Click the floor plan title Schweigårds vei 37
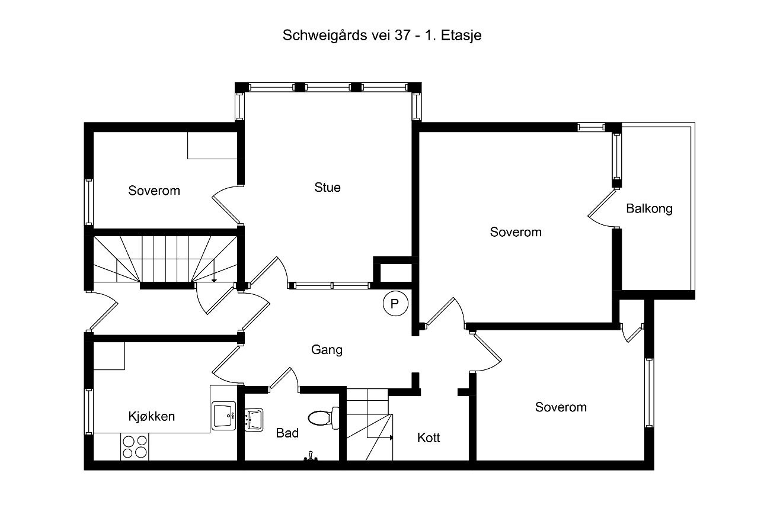[x=382, y=36]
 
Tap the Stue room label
[x=327, y=188]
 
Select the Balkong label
[x=649, y=208]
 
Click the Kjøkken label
[x=152, y=416]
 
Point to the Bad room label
[x=287, y=433]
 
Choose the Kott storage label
[x=429, y=438]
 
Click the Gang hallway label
[x=327, y=350]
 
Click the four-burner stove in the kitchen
[x=134, y=446]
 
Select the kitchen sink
[x=224, y=416]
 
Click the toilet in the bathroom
[x=324, y=417]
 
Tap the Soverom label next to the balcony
[x=516, y=232]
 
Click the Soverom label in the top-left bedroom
[x=154, y=191]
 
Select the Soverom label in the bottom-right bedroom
[x=561, y=407]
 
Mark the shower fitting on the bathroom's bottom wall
[x=310, y=457]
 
